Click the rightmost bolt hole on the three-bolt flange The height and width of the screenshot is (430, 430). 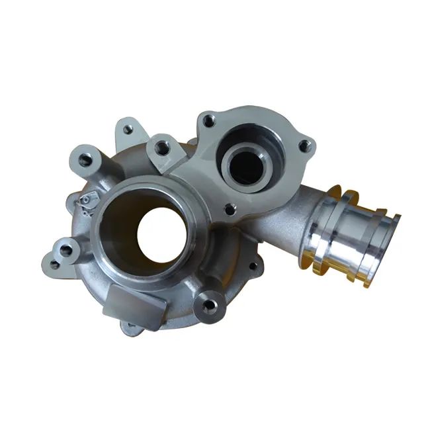click(x=303, y=145)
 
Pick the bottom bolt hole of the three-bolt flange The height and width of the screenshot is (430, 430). click(x=230, y=209)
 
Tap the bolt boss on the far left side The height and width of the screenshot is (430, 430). click(x=64, y=251)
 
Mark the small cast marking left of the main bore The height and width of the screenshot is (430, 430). click(x=85, y=200)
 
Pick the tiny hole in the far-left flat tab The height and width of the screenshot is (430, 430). click(x=54, y=265)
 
